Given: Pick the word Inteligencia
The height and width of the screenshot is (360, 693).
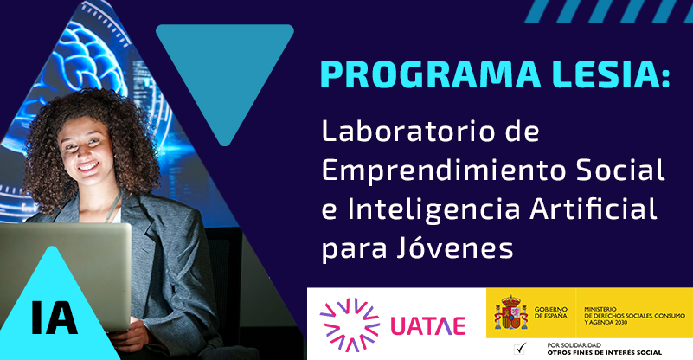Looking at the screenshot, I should coord(429,209).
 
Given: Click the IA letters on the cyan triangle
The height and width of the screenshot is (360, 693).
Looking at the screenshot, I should coord(54,318).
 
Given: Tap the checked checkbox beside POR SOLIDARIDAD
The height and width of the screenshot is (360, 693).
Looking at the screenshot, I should coord(521,349).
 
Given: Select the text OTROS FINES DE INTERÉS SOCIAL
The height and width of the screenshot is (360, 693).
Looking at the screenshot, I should coord(605,353).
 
